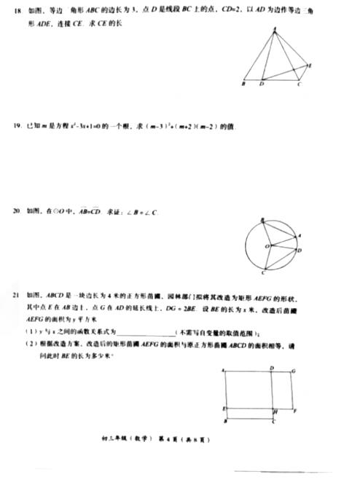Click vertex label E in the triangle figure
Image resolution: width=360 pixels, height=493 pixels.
tap(310, 66)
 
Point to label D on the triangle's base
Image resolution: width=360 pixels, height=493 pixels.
tap(262, 86)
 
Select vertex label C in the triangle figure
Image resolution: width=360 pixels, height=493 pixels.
tap(300, 86)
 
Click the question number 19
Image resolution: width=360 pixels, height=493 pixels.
tap(15, 126)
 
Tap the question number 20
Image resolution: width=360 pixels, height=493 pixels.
tap(15, 211)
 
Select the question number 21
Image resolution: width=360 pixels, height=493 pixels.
tap(15, 297)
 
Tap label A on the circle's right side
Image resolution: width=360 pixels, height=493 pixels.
tap(302, 235)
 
